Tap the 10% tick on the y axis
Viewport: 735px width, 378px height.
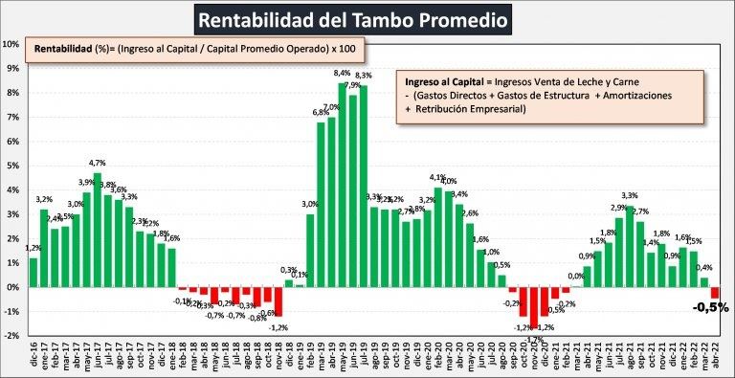click(11, 44)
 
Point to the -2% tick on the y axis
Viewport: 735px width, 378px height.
click(11, 336)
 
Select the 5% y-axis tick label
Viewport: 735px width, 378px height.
click(11, 166)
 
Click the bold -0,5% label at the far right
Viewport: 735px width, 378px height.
click(710, 307)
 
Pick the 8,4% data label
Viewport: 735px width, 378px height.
click(342, 73)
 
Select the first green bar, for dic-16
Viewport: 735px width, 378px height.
click(33, 272)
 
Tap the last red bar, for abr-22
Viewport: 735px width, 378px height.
click(714, 293)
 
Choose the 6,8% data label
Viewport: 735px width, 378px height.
click(321, 112)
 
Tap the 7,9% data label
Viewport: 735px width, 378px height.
click(352, 85)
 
